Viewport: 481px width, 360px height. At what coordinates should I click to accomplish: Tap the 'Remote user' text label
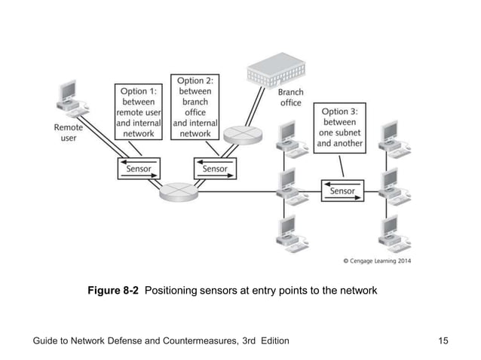click(x=69, y=133)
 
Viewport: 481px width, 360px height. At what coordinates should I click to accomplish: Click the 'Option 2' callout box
click(x=195, y=107)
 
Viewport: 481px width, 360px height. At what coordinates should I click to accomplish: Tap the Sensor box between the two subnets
click(x=342, y=191)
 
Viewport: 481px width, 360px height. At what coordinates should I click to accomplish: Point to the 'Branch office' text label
click(x=291, y=98)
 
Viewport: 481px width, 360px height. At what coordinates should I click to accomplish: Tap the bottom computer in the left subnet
click(x=291, y=233)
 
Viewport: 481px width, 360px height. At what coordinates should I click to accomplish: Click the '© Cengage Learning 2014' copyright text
click(x=383, y=261)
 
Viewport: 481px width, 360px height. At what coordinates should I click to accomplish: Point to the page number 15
click(x=443, y=341)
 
